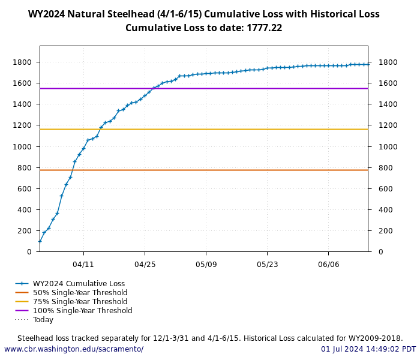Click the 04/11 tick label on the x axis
click(x=83, y=264)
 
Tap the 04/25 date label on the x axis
click(x=145, y=264)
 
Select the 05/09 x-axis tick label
click(x=206, y=264)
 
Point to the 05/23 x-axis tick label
click(x=267, y=264)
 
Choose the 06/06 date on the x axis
click(x=328, y=264)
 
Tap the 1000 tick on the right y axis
click(x=387, y=146)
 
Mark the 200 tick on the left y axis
click(x=25, y=231)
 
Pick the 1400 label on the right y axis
click(x=387, y=104)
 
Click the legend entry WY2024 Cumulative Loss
click(x=79, y=284)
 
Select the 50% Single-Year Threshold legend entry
click(x=80, y=293)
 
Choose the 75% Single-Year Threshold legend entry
click(x=80, y=302)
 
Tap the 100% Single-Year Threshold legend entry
click(x=82, y=311)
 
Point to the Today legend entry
click(x=43, y=320)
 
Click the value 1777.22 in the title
click(x=264, y=28)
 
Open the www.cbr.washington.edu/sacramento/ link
click(x=74, y=349)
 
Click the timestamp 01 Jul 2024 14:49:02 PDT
click(x=368, y=349)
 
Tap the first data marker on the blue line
click(x=40, y=241)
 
